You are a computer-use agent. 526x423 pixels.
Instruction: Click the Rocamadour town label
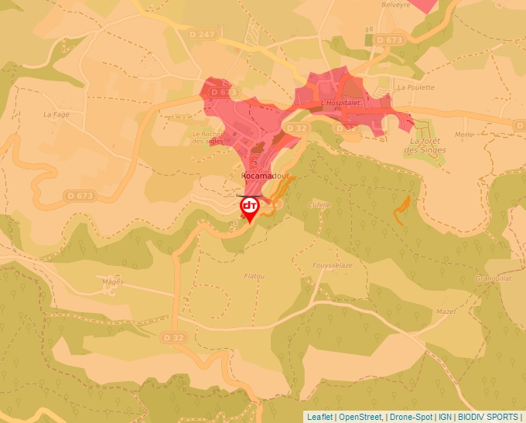(x=265, y=176)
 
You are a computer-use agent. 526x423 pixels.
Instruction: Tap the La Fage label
(x=56, y=114)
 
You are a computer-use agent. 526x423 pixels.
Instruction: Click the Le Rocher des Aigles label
(x=207, y=137)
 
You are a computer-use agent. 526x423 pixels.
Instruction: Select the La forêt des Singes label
(x=428, y=145)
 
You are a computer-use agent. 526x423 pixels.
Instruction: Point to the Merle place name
(x=464, y=134)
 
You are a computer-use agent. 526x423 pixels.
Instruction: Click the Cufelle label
(x=319, y=205)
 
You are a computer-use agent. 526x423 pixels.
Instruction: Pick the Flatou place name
(x=254, y=276)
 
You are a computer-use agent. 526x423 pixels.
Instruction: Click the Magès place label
(x=113, y=281)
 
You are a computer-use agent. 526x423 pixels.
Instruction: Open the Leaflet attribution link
(x=319, y=417)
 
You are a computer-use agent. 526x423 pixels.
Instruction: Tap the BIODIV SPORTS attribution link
(x=488, y=417)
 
